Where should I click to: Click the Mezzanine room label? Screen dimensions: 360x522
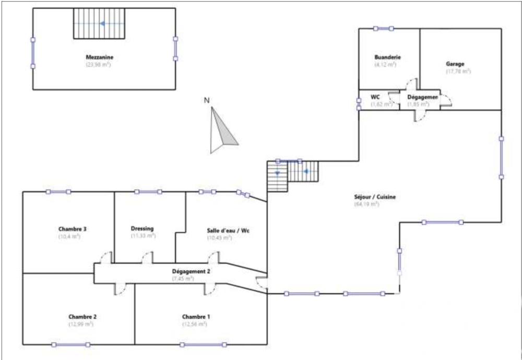click(100, 57)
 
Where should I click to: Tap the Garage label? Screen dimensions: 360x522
click(455, 64)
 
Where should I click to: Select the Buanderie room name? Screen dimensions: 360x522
click(387, 57)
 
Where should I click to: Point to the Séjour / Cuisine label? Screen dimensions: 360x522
click(374, 197)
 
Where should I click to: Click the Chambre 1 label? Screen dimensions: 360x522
click(196, 317)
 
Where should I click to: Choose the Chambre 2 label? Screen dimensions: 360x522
click(82, 317)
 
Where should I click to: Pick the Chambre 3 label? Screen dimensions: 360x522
click(72, 229)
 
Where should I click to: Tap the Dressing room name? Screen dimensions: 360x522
click(143, 228)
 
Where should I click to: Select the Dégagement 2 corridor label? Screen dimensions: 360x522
click(191, 271)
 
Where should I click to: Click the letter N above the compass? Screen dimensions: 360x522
click(206, 100)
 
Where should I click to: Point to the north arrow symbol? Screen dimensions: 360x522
click(221, 131)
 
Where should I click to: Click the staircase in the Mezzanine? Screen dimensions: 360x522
click(99, 24)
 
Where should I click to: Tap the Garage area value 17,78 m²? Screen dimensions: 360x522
click(458, 72)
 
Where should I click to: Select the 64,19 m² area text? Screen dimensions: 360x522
click(366, 204)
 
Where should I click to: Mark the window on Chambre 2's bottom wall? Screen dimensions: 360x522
click(70, 344)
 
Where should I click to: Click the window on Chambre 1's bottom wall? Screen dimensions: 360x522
click(203, 344)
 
